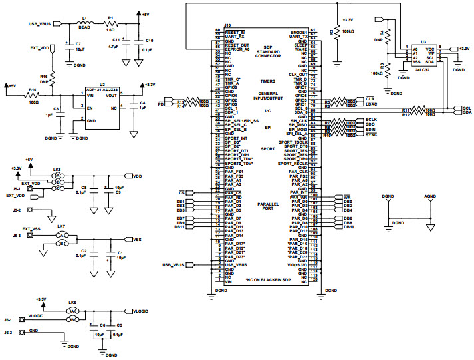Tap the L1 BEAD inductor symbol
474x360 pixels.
coord(85,23)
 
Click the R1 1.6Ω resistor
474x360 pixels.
coord(111,23)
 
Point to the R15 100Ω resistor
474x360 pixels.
coord(32,96)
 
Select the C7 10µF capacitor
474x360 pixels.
coord(69,47)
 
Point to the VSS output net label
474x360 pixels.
coord(137,239)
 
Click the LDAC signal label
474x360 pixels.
coord(371,104)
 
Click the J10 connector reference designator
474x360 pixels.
coord(227,25)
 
